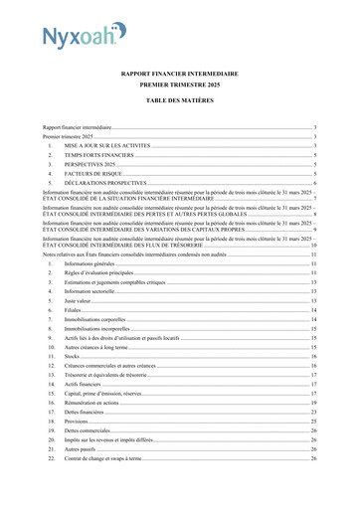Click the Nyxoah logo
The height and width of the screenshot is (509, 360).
[85, 37]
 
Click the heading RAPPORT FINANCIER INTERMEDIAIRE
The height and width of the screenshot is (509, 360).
[180, 74]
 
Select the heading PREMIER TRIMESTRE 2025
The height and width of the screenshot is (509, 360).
[180, 86]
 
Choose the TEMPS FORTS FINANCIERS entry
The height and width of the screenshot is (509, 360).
[99, 155]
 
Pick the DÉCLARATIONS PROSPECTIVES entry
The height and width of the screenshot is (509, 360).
[106, 183]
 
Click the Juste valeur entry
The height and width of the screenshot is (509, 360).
[79, 300]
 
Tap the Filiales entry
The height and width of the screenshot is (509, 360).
[75, 310]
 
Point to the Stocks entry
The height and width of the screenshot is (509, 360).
[73, 356]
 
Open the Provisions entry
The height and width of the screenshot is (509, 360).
[80, 422]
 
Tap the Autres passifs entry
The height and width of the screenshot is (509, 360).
[83, 449]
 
